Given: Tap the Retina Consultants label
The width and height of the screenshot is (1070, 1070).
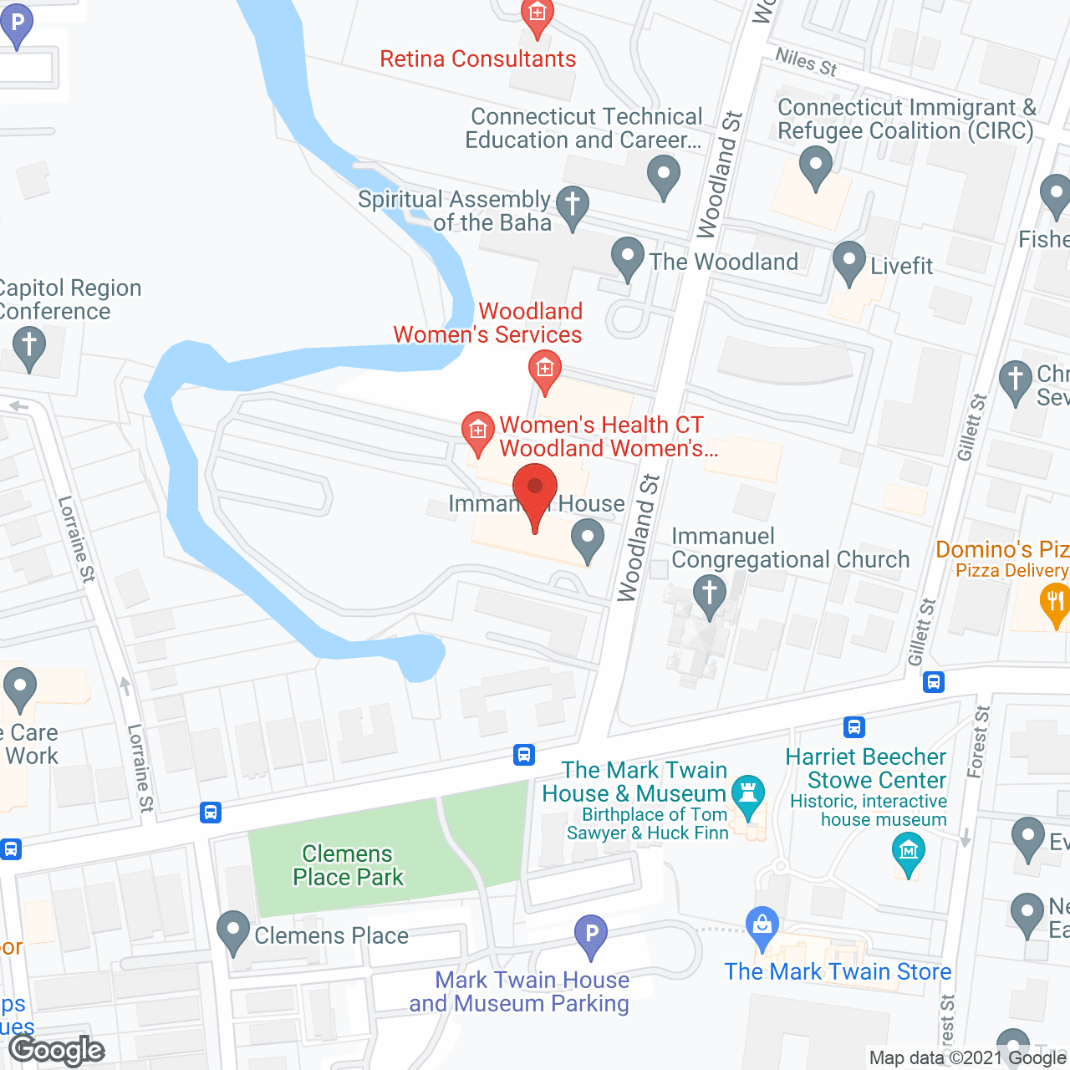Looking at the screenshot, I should click(x=477, y=59).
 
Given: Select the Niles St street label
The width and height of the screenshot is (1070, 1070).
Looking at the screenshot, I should click(x=806, y=61).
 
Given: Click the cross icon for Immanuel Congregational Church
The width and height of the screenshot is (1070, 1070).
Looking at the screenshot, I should click(x=710, y=594).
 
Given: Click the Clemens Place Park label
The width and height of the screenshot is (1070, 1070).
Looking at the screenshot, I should click(x=348, y=865).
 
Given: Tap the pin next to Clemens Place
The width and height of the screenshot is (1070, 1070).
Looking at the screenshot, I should click(x=233, y=930).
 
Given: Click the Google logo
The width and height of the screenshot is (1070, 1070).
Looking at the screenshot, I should click(x=57, y=1050).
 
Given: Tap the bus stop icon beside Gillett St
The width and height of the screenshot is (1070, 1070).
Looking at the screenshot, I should click(x=934, y=682).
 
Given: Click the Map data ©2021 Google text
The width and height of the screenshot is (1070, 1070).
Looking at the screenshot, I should click(x=968, y=1058).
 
